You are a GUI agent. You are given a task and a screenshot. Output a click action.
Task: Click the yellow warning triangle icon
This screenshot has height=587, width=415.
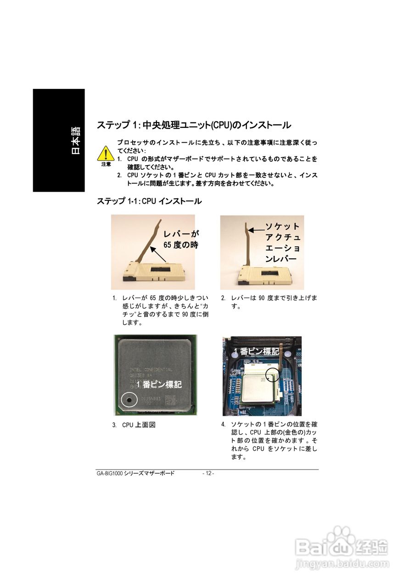(106, 153)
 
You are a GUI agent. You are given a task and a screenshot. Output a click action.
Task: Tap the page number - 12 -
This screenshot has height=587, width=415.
(208, 473)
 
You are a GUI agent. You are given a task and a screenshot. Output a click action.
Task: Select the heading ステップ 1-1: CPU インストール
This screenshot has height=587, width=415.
(149, 201)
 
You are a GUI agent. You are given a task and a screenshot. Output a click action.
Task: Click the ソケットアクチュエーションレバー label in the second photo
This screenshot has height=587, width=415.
(282, 243)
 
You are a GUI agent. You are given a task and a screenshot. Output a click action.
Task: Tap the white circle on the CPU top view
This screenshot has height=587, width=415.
(129, 400)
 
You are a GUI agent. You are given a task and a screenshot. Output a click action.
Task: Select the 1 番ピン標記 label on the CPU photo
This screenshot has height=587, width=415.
(159, 384)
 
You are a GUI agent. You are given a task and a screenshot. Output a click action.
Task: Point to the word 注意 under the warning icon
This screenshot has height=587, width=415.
(106, 164)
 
